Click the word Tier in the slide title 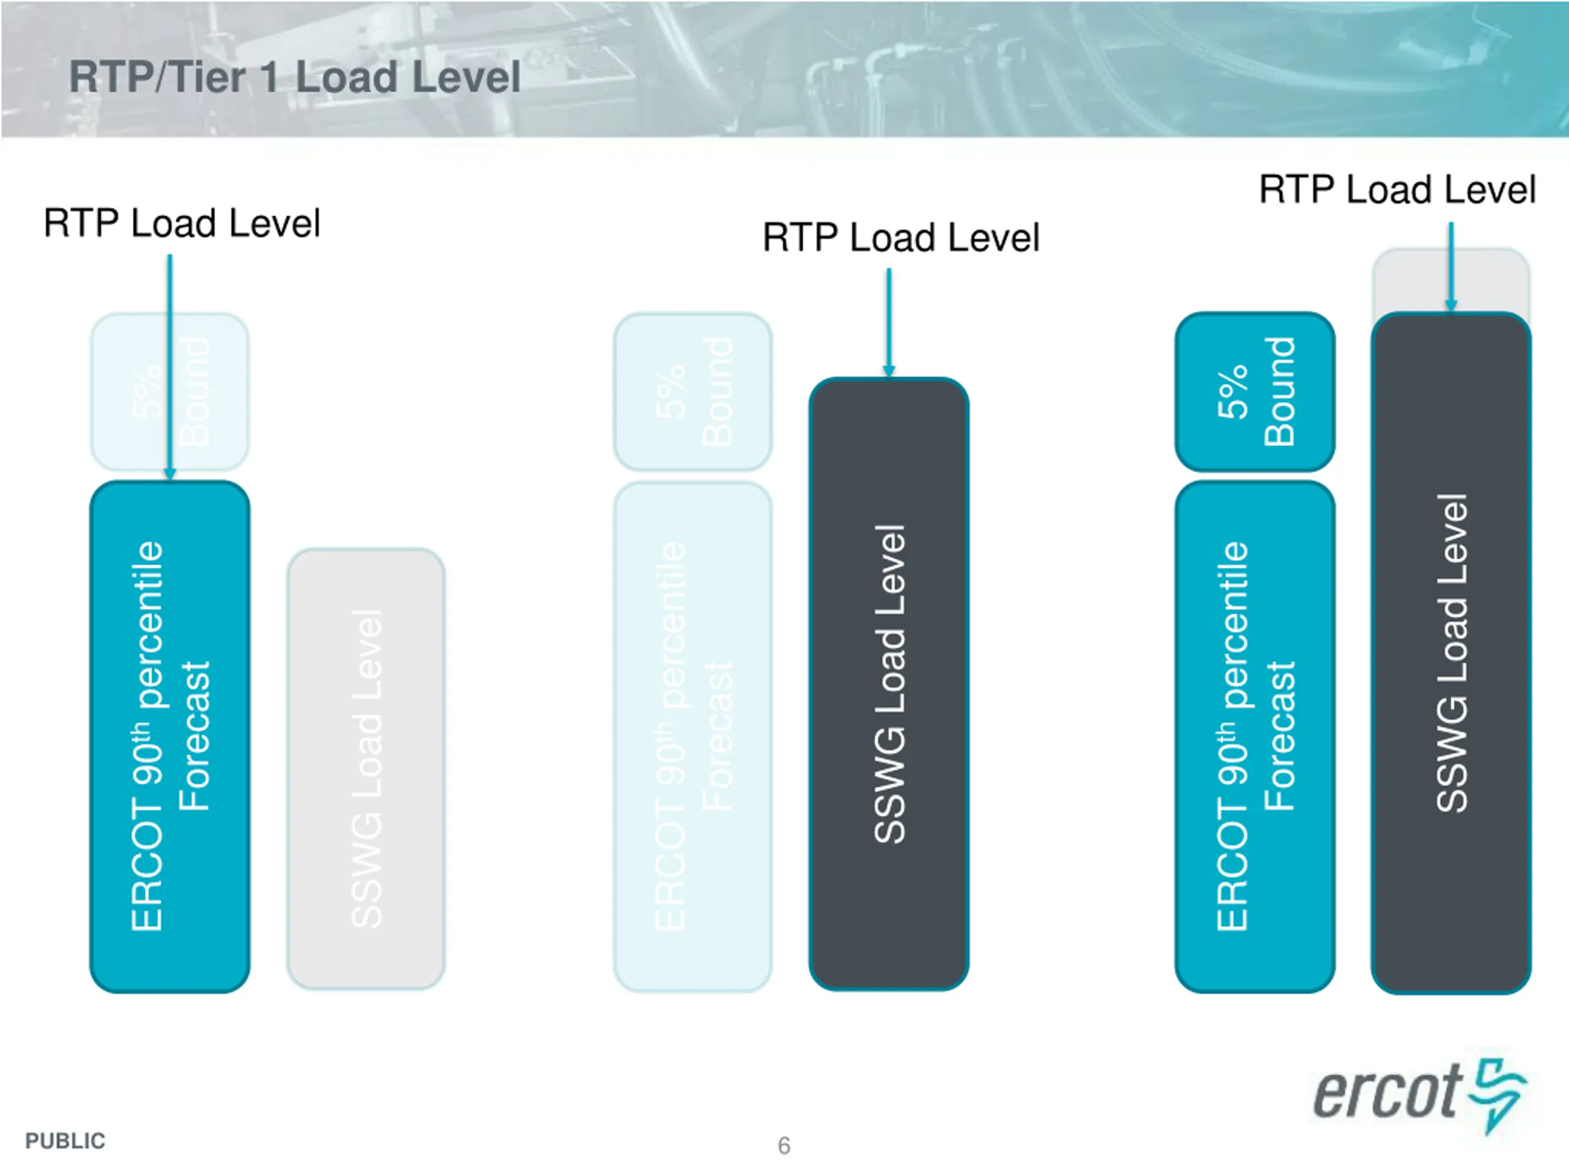coord(207,77)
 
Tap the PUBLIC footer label coord(65,1140)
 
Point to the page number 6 coord(784,1145)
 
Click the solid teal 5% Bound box coord(1255,391)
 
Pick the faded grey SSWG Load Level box coord(365,769)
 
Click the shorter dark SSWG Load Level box coord(889,684)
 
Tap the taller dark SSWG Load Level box coord(1451,652)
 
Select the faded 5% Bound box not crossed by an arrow coord(693,391)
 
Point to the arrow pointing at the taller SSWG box coord(1451,266)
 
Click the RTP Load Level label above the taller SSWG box coord(1397,190)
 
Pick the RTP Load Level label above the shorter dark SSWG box coord(901,238)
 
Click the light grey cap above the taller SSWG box coord(1451,280)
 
